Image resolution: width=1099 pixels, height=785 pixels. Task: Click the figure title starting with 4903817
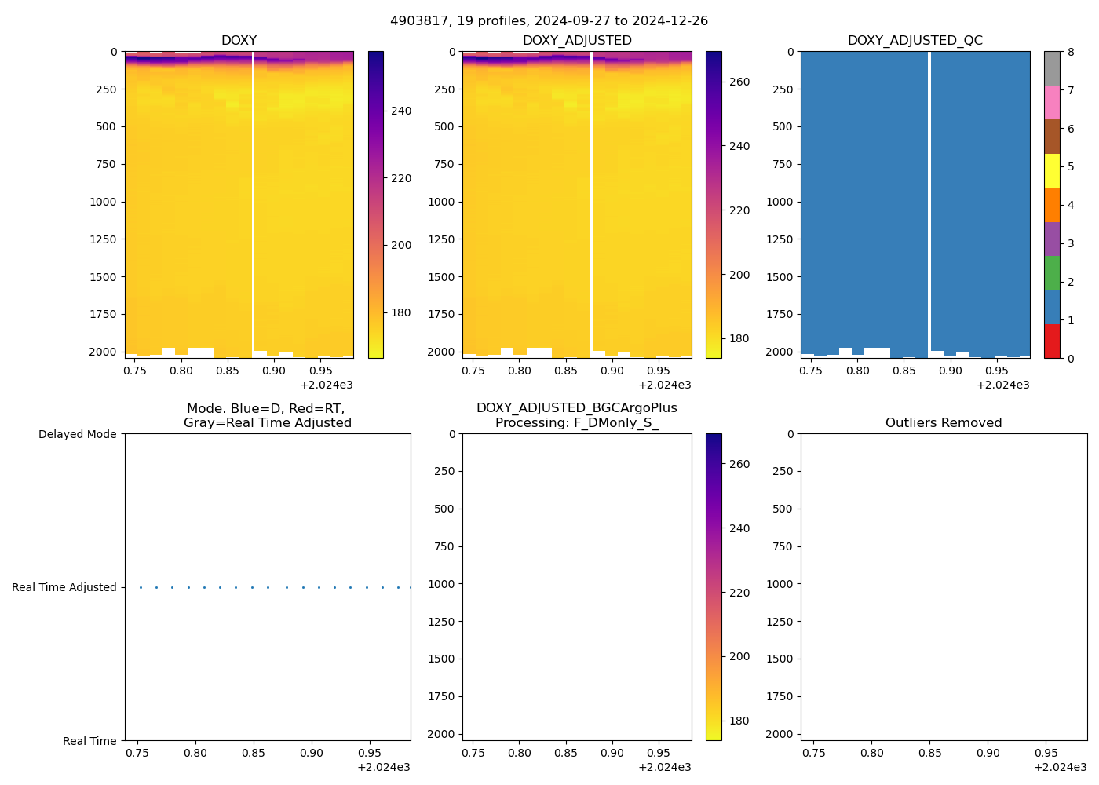pyautogui.click(x=549, y=21)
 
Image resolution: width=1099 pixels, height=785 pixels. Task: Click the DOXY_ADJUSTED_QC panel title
pyautogui.click(x=915, y=41)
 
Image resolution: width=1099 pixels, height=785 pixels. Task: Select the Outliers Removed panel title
pyautogui.click(x=944, y=423)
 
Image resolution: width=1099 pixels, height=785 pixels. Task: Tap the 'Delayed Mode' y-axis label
pyautogui.click(x=77, y=434)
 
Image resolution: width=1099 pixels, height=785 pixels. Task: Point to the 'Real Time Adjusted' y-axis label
pyautogui.click(x=64, y=587)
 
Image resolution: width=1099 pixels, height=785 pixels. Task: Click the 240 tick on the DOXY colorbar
pyautogui.click(x=401, y=111)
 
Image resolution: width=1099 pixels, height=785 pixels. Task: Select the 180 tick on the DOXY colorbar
pyautogui.click(x=401, y=312)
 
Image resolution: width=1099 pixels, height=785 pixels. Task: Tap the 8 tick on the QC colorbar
pyautogui.click(x=1071, y=52)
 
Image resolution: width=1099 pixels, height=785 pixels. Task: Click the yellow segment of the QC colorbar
pyautogui.click(x=1052, y=170)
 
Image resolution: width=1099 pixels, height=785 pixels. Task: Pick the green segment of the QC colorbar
pyautogui.click(x=1052, y=272)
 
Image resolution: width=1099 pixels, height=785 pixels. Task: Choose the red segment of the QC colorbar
pyautogui.click(x=1052, y=341)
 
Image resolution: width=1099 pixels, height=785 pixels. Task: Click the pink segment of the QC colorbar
pyautogui.click(x=1052, y=102)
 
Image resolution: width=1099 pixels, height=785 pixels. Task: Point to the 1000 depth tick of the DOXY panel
pyautogui.click(x=103, y=202)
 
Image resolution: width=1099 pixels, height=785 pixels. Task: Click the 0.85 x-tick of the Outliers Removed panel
pyautogui.click(x=929, y=753)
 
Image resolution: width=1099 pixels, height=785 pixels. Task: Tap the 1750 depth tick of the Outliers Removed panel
pyautogui.click(x=778, y=696)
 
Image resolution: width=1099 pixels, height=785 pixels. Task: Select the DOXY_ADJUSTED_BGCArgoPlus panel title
pyautogui.click(x=576, y=415)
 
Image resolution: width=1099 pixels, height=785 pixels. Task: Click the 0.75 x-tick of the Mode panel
pyautogui.click(x=137, y=753)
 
